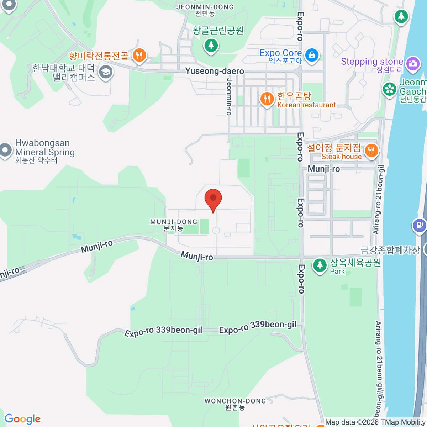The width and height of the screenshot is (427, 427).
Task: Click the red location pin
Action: point(213,199)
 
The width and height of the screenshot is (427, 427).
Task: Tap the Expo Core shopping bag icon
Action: point(312,56)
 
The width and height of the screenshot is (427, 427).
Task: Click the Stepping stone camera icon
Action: point(412,64)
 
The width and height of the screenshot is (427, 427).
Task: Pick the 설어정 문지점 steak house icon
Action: point(371,150)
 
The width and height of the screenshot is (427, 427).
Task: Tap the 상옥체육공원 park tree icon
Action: point(320,265)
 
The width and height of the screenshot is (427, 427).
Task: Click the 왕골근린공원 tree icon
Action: point(211,45)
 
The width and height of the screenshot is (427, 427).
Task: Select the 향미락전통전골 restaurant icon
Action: point(139,56)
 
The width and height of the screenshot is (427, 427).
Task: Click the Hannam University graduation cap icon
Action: point(105,72)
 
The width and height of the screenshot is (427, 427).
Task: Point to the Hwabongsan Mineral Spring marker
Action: point(5,150)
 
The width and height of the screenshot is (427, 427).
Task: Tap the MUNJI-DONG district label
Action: point(174,225)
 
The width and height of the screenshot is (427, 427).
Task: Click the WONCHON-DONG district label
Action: point(235,404)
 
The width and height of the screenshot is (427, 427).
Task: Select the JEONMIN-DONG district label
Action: point(205,10)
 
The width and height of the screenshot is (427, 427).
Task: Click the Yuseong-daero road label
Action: point(215,71)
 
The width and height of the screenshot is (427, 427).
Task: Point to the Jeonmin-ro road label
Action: point(229,96)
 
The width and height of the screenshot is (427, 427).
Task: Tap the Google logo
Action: point(22,419)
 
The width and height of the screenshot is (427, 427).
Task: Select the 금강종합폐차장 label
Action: point(390,250)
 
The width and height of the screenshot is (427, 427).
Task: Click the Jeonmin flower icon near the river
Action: point(390,89)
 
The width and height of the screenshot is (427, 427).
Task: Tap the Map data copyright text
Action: point(375,422)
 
